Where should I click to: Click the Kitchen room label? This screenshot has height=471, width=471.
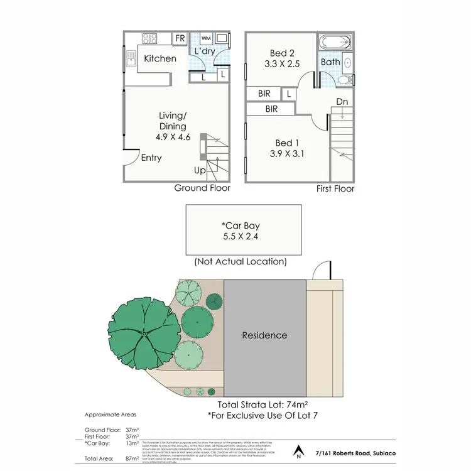click(160, 58)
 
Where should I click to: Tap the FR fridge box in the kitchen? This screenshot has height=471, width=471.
click(180, 39)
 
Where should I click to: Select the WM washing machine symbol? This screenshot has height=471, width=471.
click(206, 39)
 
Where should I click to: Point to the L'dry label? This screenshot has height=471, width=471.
click(205, 51)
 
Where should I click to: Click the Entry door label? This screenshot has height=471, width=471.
click(151, 158)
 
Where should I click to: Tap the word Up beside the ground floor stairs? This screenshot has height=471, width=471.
click(200, 170)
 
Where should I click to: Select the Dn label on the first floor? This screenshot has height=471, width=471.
click(342, 101)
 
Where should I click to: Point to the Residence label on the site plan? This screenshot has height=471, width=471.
click(264, 335)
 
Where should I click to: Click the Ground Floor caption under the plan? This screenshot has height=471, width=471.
click(202, 188)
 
